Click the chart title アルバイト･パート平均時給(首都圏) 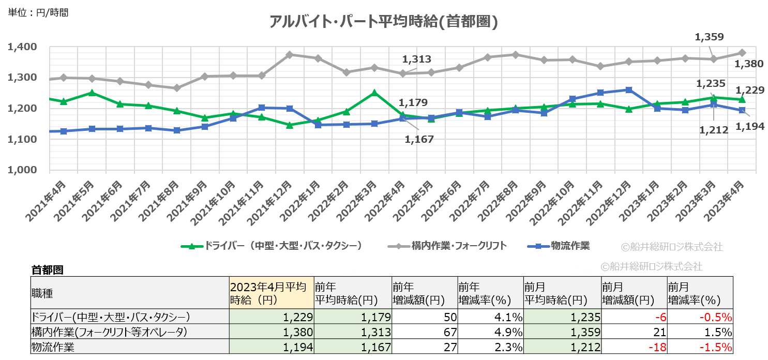click(x=383, y=22)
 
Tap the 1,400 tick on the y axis click(x=22, y=47)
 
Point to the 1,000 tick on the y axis click(x=22, y=170)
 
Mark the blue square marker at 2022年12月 click(x=628, y=90)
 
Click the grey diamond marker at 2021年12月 click(x=289, y=54)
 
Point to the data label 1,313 click(x=417, y=59)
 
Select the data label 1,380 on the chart click(x=749, y=64)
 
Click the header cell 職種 click(x=42, y=293)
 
